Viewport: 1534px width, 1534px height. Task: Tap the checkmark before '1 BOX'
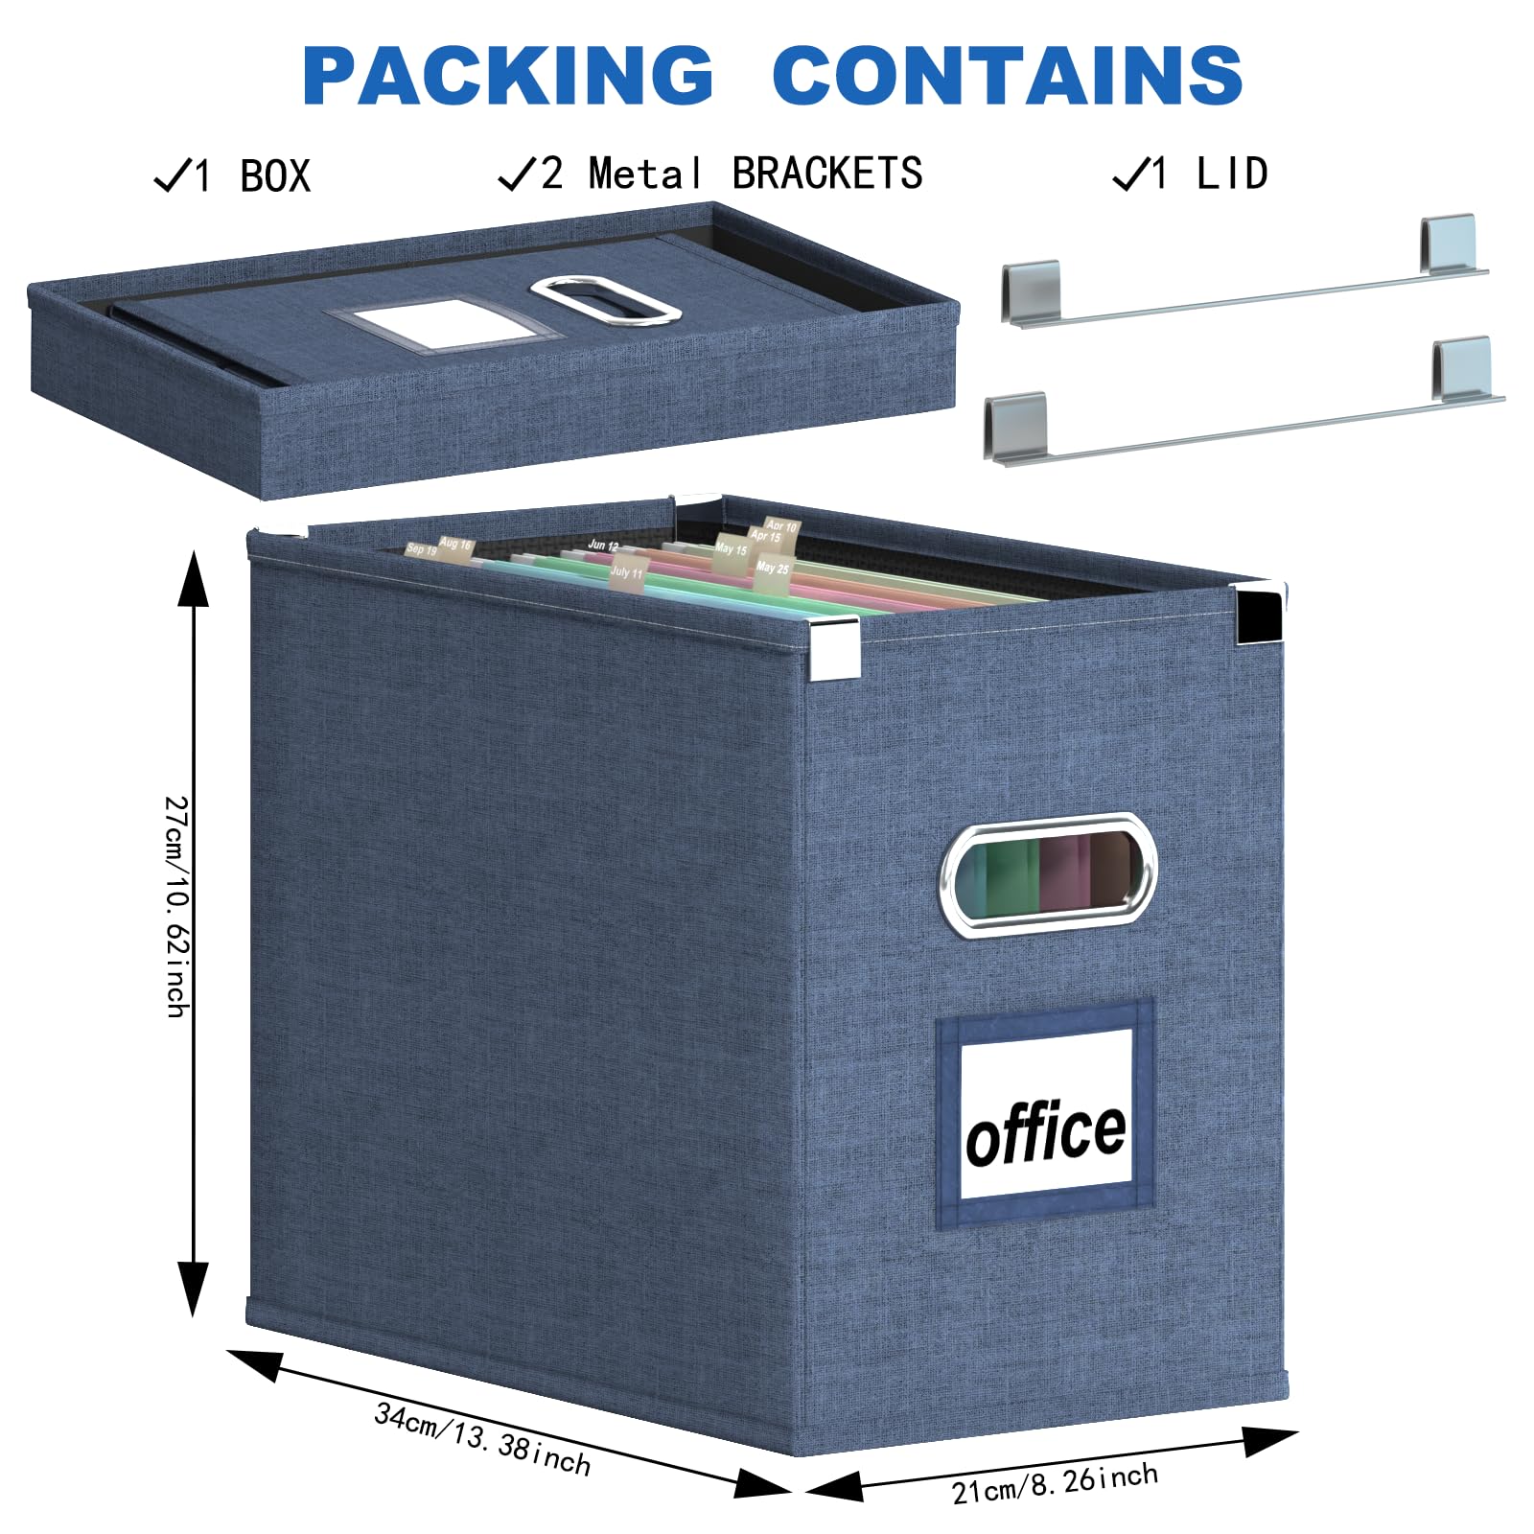pos(172,175)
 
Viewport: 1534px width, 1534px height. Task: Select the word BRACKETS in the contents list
pos(826,174)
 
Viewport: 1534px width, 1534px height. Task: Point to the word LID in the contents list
pos(1232,174)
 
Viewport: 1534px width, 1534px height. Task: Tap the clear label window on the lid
pos(444,323)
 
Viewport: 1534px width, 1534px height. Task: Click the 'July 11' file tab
pos(627,572)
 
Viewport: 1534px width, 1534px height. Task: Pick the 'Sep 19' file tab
pos(421,549)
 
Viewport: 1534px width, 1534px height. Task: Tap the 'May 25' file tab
pos(772,569)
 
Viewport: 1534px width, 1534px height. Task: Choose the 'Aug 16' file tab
pos(455,545)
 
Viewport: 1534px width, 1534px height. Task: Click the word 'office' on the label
pos(1046,1133)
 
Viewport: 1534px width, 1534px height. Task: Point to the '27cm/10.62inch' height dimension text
pos(177,906)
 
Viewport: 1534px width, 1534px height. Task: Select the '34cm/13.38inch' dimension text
pos(482,1438)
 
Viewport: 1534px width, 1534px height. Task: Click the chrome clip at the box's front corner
pos(833,650)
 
